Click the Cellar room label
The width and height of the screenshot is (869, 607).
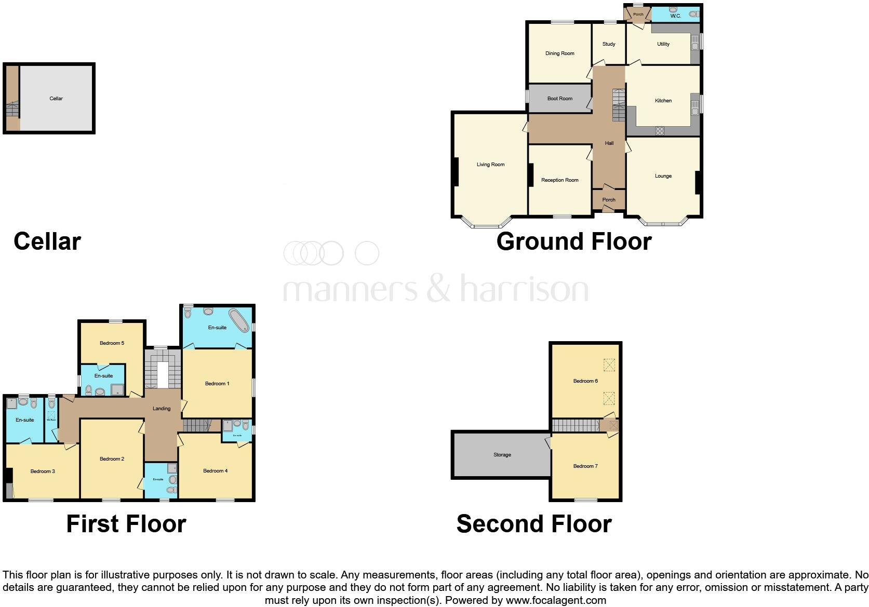coord(56,99)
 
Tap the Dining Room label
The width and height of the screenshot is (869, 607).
coord(559,53)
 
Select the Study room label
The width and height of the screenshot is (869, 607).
coord(609,44)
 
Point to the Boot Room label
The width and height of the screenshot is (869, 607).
coord(559,99)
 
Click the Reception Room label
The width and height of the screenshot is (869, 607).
coord(559,180)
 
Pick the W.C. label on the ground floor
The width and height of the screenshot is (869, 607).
coord(675,16)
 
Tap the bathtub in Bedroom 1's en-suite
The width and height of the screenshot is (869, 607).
coord(239,320)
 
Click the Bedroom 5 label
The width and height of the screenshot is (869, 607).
coord(112,343)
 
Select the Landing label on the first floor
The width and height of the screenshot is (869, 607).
coord(162,409)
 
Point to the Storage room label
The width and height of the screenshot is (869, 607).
coord(502,455)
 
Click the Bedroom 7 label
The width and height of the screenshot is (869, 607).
coord(585,466)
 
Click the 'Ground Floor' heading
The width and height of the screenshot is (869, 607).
coord(574,242)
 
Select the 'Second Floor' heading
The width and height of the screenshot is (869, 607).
coord(534,524)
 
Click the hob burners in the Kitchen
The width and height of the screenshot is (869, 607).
coord(660,131)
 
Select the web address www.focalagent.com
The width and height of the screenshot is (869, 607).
coord(556,601)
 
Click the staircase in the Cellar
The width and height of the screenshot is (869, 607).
coord(12,111)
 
